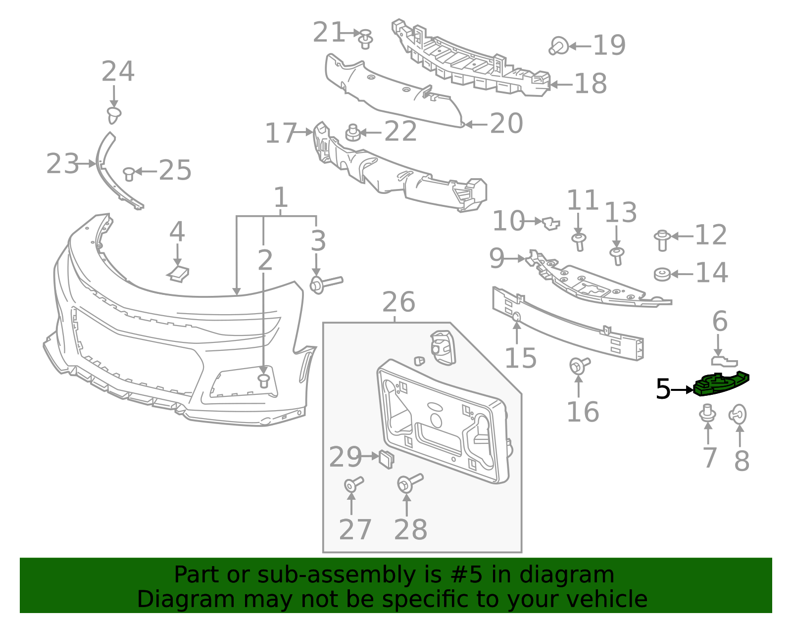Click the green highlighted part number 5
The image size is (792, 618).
click(721, 384)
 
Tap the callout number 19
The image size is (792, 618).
click(609, 46)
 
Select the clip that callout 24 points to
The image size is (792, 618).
click(114, 115)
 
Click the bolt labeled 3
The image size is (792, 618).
click(326, 284)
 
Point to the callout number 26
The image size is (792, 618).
click(398, 302)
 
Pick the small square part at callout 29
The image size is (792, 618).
click(387, 459)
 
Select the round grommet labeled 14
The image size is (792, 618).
click(662, 274)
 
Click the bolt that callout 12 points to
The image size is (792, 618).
click(662, 240)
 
